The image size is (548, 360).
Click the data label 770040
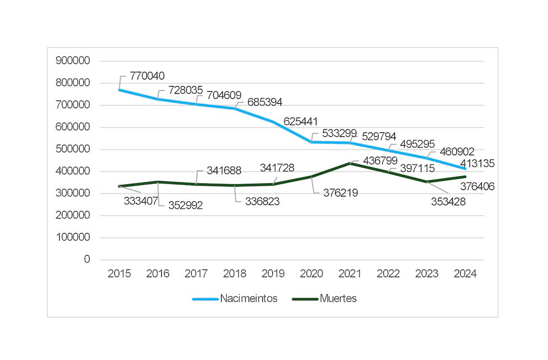coord(147,76)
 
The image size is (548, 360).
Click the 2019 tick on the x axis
coord(273,273)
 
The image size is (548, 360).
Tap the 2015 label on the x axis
coord(119,273)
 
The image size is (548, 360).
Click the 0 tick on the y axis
coord(87,260)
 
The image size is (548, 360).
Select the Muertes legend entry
coord(338,299)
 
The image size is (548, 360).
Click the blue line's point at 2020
coord(312,142)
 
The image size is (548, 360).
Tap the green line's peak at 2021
coord(350,163)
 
